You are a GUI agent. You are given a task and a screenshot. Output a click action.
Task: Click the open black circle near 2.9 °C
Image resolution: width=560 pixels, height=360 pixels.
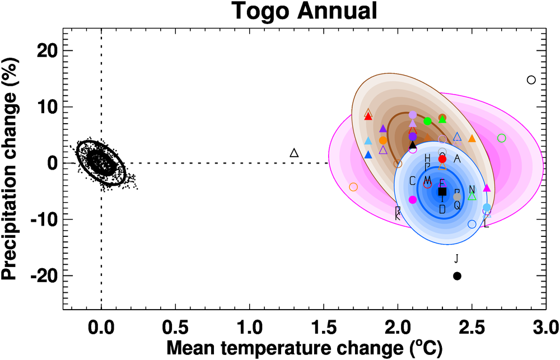click(x=531, y=80)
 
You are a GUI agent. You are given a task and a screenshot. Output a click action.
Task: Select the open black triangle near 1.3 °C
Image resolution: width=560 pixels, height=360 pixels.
click(x=295, y=153)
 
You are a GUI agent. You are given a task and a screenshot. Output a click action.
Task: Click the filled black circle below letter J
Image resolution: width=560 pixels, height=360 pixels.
click(x=457, y=276)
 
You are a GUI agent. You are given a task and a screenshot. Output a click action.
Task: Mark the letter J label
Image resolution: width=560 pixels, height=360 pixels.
click(x=456, y=259)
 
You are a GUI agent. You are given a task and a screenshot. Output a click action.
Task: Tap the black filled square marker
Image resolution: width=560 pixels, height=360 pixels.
click(x=442, y=191)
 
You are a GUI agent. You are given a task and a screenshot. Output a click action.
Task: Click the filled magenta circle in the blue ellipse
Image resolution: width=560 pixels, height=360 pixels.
click(x=413, y=199)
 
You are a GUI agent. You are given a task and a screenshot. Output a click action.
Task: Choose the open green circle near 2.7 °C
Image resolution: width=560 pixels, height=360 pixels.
click(x=502, y=138)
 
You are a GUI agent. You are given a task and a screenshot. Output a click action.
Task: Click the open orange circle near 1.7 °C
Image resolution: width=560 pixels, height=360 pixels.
click(x=353, y=187)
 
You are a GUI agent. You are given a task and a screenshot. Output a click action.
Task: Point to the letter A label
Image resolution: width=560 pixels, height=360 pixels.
click(x=457, y=159)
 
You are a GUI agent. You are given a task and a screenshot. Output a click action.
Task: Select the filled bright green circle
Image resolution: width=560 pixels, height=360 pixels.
click(x=428, y=121)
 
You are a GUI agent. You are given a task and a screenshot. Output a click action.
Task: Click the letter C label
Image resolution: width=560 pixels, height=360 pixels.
click(x=413, y=180)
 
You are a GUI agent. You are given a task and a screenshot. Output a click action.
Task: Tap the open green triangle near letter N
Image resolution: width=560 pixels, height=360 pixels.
click(x=472, y=197)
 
